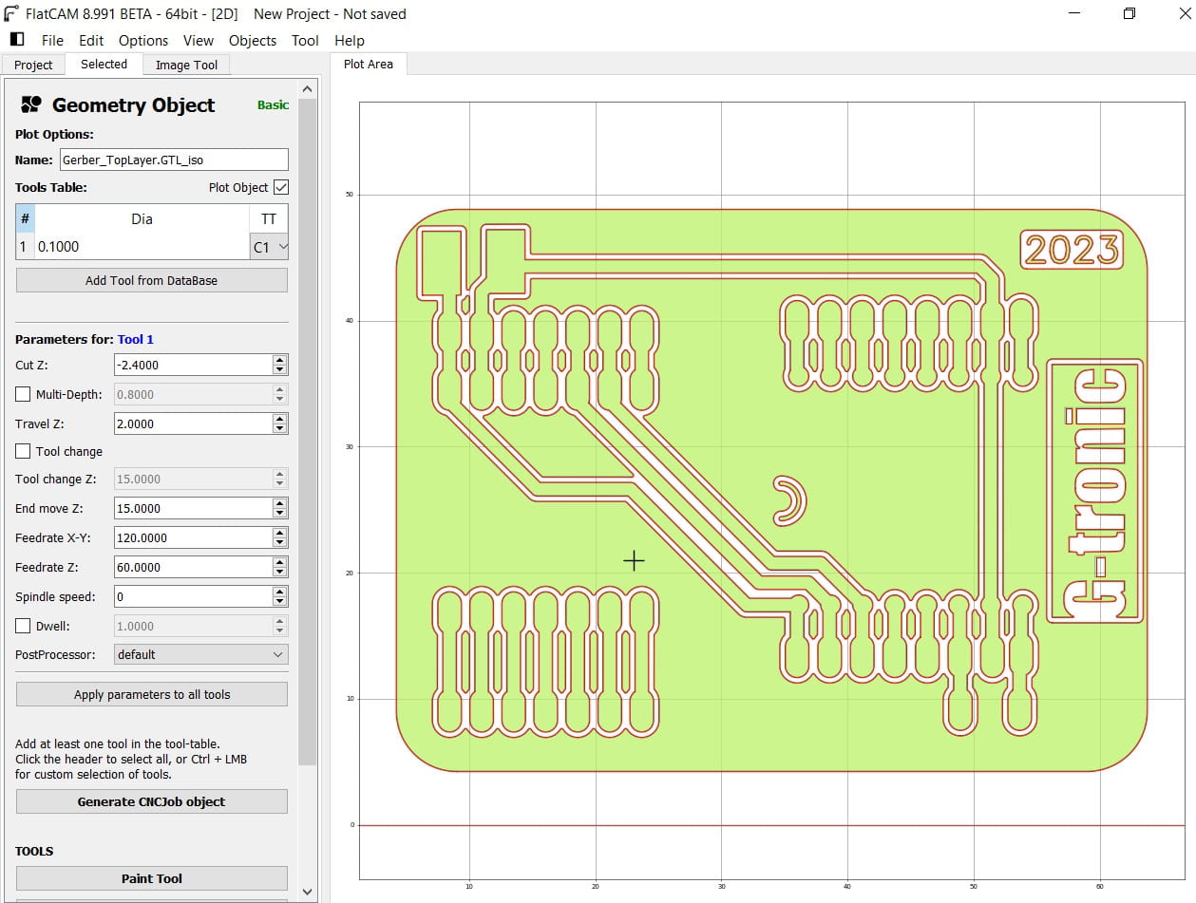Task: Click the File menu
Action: point(52,41)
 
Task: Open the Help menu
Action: point(349,41)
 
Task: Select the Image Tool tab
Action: point(186,65)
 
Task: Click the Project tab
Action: point(33,65)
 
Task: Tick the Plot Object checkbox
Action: point(280,187)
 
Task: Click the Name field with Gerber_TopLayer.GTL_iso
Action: point(173,160)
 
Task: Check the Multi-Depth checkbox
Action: point(24,394)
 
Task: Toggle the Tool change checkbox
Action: point(24,451)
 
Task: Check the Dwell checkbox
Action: point(24,626)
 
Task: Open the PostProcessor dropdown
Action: point(199,654)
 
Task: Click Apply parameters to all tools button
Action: point(152,694)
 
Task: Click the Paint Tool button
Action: point(152,878)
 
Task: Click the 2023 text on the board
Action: point(1072,250)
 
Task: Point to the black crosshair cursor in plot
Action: point(634,561)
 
